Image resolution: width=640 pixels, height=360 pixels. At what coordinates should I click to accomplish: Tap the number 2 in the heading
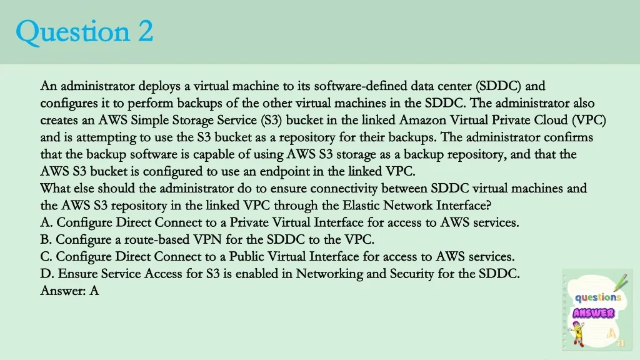click(x=144, y=31)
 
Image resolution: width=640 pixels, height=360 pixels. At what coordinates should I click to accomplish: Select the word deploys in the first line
click(x=159, y=86)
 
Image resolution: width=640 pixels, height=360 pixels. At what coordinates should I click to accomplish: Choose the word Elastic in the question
click(x=361, y=205)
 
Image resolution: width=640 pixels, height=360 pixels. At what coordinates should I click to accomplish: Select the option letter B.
click(x=45, y=239)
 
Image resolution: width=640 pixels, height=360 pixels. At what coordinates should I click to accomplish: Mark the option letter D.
click(x=46, y=273)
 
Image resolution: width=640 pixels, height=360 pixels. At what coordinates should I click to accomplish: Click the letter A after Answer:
click(x=94, y=291)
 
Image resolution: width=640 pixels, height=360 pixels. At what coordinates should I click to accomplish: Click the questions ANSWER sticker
click(x=597, y=309)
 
